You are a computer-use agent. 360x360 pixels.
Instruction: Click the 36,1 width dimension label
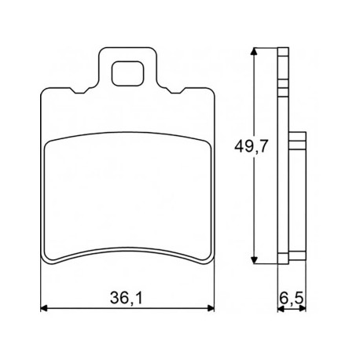[x=126, y=298]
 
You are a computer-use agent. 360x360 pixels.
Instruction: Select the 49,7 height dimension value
[x=252, y=146]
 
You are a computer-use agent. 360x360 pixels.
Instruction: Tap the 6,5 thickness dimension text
[x=292, y=298]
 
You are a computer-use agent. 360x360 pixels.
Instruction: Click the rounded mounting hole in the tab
[x=128, y=74]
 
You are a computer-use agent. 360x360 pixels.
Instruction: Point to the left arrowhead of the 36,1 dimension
[x=44, y=308]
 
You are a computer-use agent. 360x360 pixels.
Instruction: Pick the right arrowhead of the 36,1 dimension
[x=211, y=308]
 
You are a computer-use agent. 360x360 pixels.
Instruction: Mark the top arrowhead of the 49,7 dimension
[x=254, y=51]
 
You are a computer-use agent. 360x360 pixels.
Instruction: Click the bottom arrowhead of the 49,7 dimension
[x=254, y=260]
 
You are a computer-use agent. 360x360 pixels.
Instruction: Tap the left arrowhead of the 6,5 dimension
[x=281, y=309]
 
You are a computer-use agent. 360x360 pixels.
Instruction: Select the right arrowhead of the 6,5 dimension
[x=303, y=309]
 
